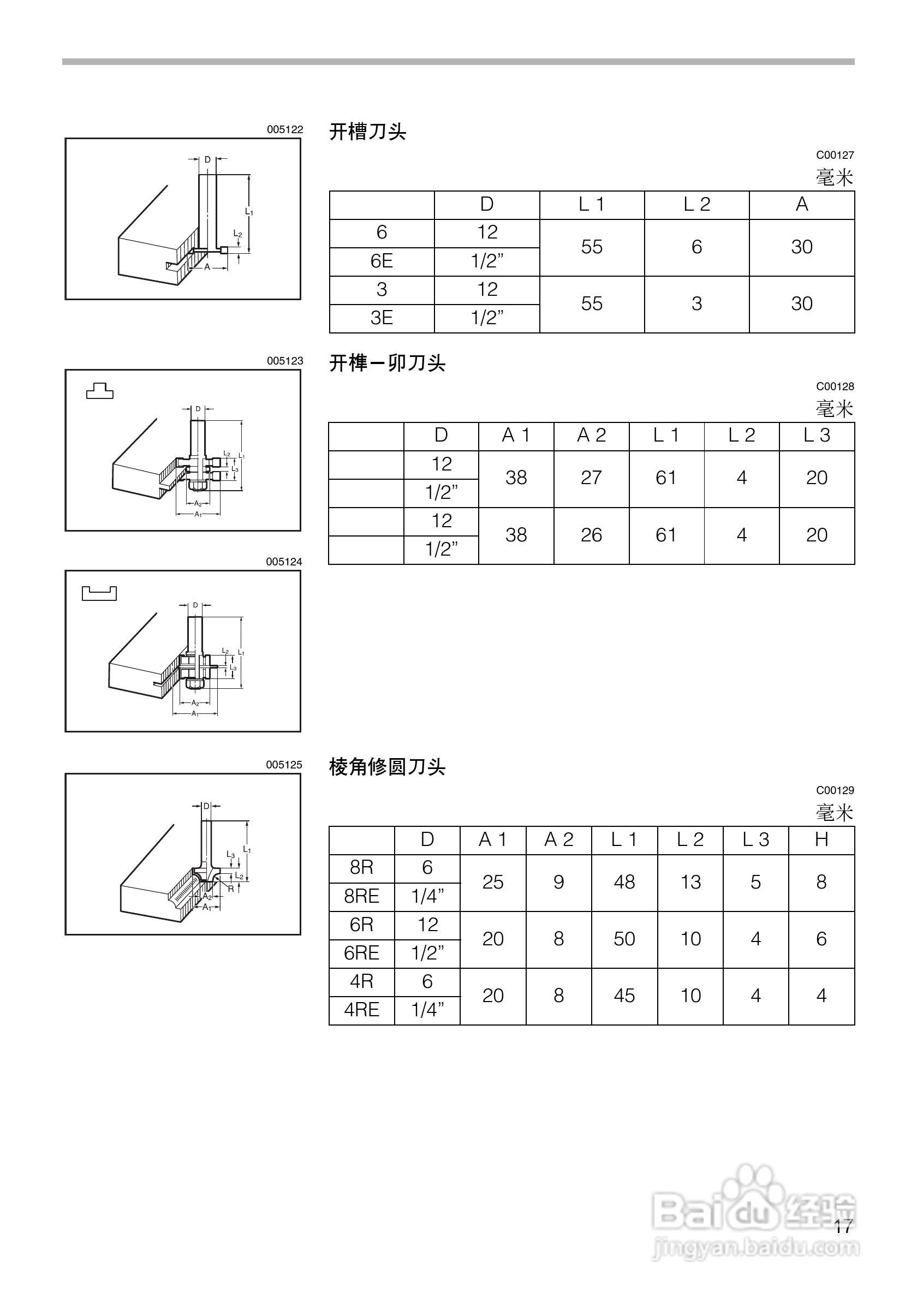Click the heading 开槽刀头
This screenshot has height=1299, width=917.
click(x=368, y=132)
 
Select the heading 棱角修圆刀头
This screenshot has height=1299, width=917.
click(x=387, y=767)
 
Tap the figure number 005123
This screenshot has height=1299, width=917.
click(x=284, y=361)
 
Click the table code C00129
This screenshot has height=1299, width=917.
click(x=835, y=790)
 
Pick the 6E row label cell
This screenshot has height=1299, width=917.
click(x=382, y=261)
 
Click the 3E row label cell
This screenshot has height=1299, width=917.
click(x=382, y=319)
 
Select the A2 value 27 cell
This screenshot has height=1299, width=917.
click(x=591, y=478)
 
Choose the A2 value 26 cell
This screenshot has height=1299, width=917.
click(x=591, y=535)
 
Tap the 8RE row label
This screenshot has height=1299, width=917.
click(x=361, y=896)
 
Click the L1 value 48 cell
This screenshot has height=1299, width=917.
click(x=624, y=882)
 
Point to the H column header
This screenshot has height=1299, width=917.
click(x=821, y=839)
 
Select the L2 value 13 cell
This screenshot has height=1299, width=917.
click(x=690, y=882)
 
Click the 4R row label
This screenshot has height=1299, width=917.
click(x=361, y=981)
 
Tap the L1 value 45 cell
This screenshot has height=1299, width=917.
click(x=624, y=995)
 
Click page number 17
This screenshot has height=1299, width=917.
click(x=842, y=1226)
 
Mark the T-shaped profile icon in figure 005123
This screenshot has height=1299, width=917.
click(x=99, y=391)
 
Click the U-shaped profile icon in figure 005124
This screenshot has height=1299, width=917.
click(x=99, y=593)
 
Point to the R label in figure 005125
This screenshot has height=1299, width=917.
click(x=231, y=889)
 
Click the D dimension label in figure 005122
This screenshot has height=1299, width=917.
click(x=207, y=159)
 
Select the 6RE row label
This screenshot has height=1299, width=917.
click(x=361, y=954)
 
